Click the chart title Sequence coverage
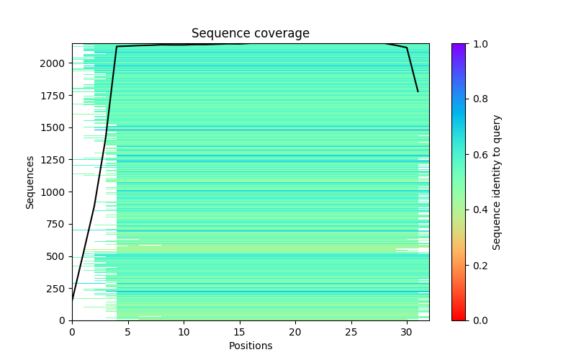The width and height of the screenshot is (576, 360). point(250,34)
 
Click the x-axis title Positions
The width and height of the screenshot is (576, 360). point(250,346)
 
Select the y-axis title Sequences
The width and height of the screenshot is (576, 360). point(30,182)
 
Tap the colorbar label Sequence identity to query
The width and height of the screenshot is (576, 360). point(497,182)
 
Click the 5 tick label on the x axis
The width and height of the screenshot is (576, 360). point(127,332)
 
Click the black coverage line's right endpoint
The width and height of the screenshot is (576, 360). point(418,91)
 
